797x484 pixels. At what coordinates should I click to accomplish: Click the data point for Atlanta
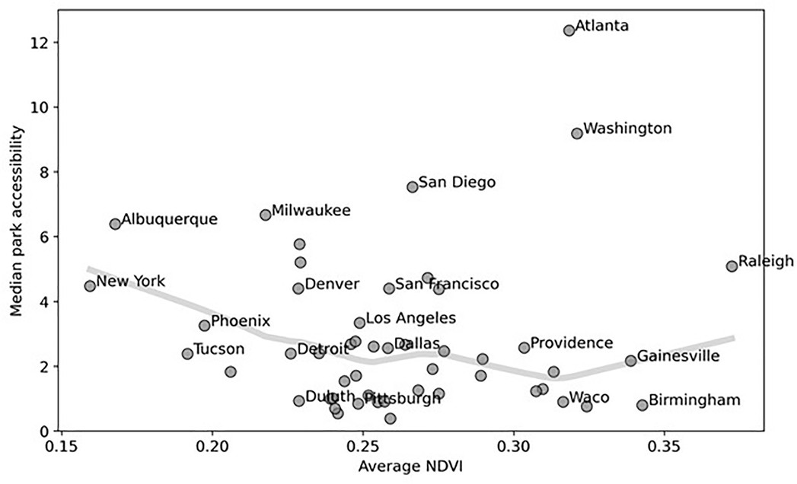tap(569, 30)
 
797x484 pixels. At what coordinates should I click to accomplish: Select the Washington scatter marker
tap(577, 133)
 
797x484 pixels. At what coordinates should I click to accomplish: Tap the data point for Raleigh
tap(732, 266)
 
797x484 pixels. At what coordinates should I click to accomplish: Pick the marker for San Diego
tap(413, 186)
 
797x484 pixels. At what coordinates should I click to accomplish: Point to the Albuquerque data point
tap(115, 224)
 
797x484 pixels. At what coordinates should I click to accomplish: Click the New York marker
tap(90, 286)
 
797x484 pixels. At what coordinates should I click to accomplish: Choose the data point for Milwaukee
tap(266, 215)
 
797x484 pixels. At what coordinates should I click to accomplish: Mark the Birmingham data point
tap(642, 405)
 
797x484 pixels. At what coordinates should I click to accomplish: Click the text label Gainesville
tap(677, 355)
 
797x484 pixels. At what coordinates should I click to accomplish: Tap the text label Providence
tap(571, 343)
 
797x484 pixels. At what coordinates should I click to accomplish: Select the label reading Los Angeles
tap(410, 318)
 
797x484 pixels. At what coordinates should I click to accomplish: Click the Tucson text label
tap(219, 349)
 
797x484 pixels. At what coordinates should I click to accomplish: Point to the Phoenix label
tap(241, 321)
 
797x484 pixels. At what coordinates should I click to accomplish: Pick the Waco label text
tap(589, 397)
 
